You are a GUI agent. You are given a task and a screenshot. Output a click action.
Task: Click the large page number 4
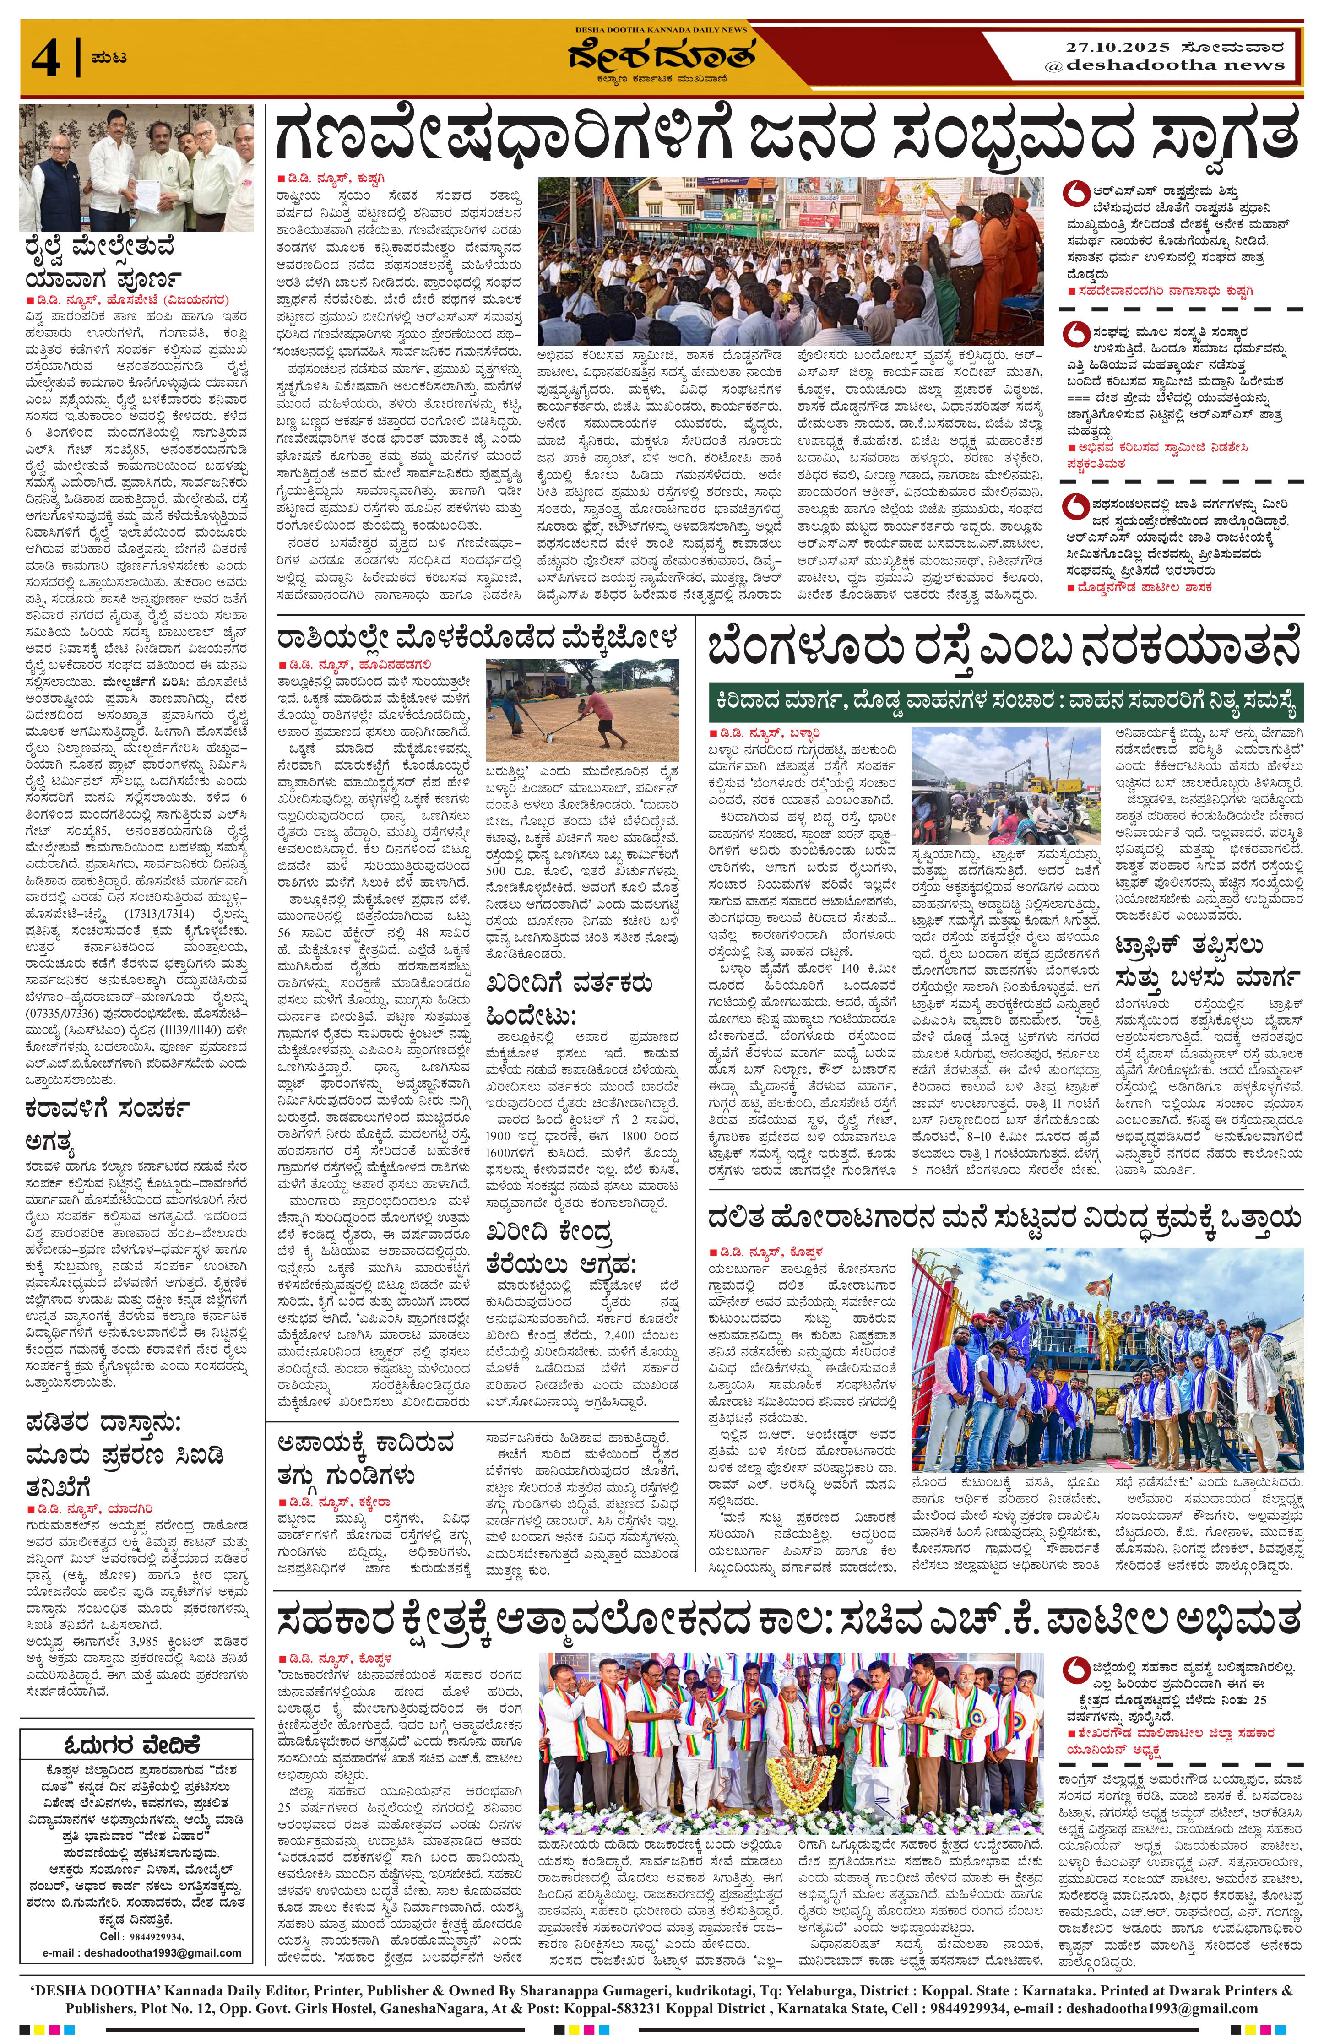click(x=45, y=59)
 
